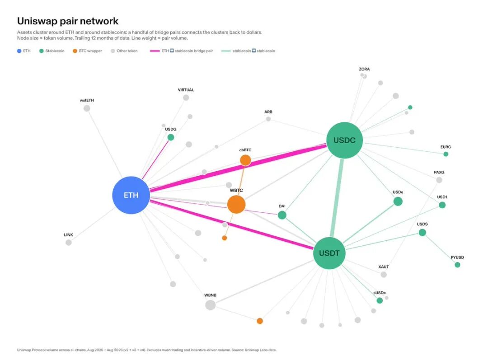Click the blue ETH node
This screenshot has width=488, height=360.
click(131, 195)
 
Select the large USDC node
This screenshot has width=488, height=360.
click(344, 140)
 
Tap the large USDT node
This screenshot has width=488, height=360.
click(329, 253)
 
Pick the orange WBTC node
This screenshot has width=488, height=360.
click(236, 205)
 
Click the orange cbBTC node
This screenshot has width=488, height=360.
click(245, 160)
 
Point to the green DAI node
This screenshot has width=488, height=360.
click(282, 215)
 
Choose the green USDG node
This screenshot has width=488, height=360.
click(170, 137)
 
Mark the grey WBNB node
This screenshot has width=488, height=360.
click(211, 305)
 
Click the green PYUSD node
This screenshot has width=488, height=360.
click(457, 265)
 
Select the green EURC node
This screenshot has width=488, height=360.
click(446, 154)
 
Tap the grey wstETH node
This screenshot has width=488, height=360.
click(87, 108)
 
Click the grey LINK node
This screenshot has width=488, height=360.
click(69, 243)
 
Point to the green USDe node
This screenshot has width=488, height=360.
click(398, 201)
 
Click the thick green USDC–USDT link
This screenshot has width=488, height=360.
click(337, 198)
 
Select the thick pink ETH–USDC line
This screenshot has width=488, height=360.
click(238, 168)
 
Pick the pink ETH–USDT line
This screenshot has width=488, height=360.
click(231, 224)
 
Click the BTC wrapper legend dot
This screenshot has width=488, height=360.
click(75, 51)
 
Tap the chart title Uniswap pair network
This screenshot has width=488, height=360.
click(68, 21)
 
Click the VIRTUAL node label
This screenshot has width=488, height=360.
click(186, 90)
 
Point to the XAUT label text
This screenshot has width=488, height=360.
click(384, 266)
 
